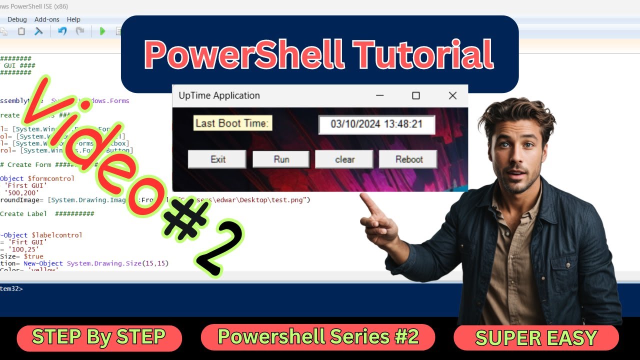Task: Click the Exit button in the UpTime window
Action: click(217, 159)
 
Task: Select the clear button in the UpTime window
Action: click(344, 159)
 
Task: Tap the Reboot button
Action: click(408, 159)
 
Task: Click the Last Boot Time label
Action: click(232, 123)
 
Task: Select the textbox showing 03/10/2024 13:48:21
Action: click(376, 124)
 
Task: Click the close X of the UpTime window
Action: click(452, 95)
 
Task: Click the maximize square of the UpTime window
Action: click(415, 95)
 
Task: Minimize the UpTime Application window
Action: click(380, 95)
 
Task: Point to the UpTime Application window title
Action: click(219, 95)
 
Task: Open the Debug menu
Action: click(17, 19)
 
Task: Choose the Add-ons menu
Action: click(47, 19)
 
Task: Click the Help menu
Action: click(73, 19)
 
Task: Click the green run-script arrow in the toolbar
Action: click(102, 31)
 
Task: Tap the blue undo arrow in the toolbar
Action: click(62, 31)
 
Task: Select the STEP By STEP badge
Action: click(99, 337)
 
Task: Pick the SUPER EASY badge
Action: click(536, 338)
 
